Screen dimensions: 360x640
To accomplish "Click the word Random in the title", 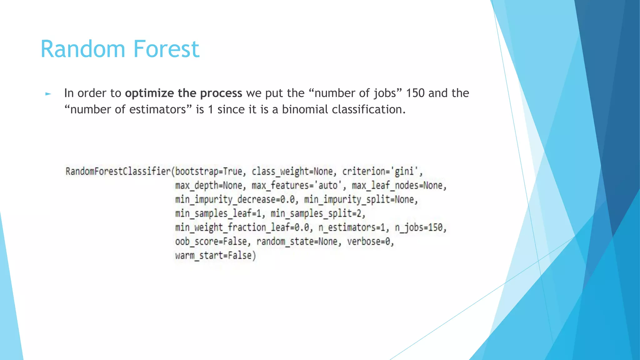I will [82, 49].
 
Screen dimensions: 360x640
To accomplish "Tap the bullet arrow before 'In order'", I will [48, 93].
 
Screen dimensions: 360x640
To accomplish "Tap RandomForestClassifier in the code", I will [118, 171].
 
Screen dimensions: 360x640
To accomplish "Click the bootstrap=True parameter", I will [208, 171].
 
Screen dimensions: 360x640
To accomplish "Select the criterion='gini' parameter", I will [382, 171].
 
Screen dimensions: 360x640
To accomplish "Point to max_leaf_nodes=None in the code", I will [399, 186].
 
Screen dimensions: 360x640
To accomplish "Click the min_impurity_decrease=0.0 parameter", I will [236, 199].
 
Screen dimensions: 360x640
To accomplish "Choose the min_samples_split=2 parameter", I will [317, 213].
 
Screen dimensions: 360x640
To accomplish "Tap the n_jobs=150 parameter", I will [420, 227].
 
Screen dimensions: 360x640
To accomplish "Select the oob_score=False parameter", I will [211, 242].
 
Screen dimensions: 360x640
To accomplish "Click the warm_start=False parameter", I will [215, 256].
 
